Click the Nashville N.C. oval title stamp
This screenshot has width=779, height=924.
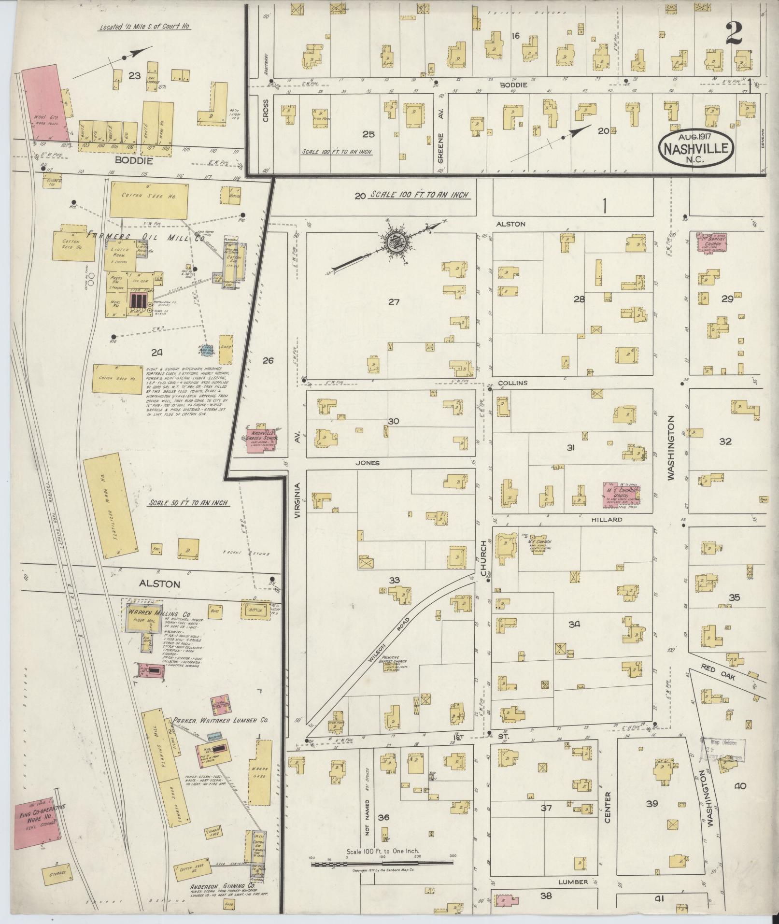pos(696,149)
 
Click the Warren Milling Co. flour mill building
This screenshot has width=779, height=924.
pos(143,619)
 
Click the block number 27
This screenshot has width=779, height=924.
pos(394,302)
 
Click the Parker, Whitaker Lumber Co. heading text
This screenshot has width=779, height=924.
pos(221,733)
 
